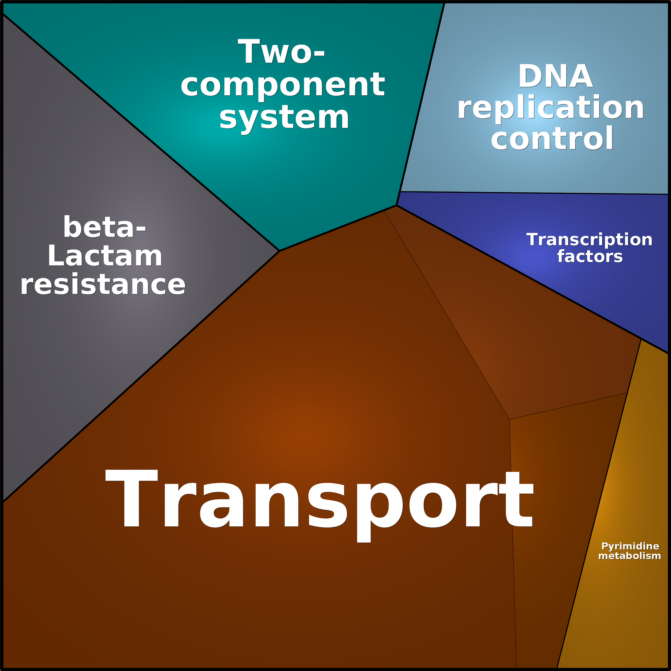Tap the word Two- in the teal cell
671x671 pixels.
(281, 51)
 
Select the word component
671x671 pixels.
(283, 86)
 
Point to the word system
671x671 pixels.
(284, 118)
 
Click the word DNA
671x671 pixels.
(555, 76)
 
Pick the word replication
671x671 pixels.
(551, 107)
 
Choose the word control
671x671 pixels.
(552, 138)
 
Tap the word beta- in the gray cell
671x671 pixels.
(104, 227)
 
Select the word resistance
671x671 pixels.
(103, 284)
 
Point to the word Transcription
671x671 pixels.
(589, 240)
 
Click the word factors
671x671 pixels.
(590, 256)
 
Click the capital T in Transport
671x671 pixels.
(132, 498)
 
